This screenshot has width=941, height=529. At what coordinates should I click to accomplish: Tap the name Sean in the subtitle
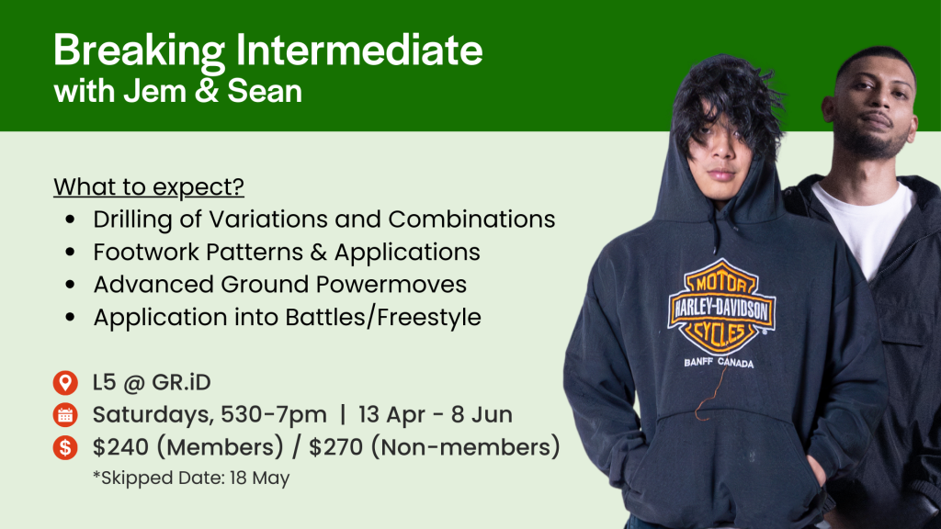click(x=265, y=91)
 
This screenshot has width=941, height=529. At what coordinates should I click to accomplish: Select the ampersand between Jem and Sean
click(x=207, y=91)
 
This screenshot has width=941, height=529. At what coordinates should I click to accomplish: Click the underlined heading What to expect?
click(x=149, y=187)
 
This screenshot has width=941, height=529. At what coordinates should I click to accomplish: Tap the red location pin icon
click(x=65, y=383)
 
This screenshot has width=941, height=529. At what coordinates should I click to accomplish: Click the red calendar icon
click(x=65, y=415)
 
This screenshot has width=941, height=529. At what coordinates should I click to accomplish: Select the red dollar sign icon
click(x=65, y=447)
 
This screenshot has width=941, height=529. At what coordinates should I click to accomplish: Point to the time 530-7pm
click(x=274, y=414)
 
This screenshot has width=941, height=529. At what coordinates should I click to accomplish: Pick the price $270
click(x=336, y=447)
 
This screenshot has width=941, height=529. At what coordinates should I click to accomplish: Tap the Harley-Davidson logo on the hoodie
click(x=721, y=307)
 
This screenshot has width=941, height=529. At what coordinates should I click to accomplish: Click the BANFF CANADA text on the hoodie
click(x=719, y=362)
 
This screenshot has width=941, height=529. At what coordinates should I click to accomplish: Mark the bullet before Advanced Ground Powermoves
click(x=71, y=285)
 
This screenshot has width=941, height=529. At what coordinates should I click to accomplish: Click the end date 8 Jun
click(x=482, y=414)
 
